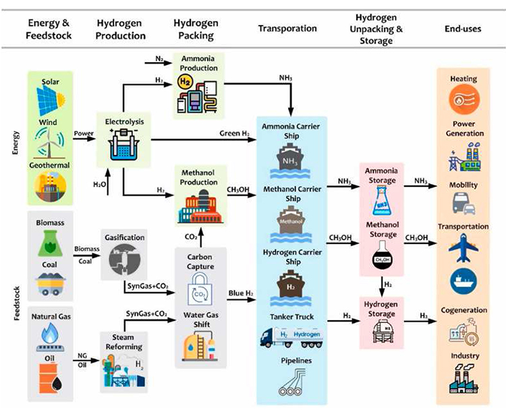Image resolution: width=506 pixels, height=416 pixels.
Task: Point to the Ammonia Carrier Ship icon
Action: point(291,159)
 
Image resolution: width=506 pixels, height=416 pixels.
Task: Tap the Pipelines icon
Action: point(291,382)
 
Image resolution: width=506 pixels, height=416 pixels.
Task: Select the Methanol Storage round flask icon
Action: point(383,256)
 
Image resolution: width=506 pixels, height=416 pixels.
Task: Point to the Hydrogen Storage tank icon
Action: point(383,328)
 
